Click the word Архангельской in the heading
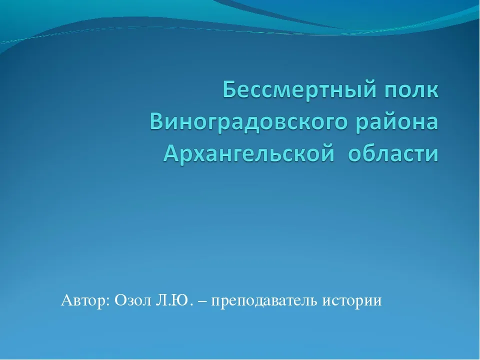coord(249,153)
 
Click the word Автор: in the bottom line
coord(85,300)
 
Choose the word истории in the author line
coord(351,301)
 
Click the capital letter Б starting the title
coord(230,89)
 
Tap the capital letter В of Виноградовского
coord(157,121)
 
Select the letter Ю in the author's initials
coord(180,300)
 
